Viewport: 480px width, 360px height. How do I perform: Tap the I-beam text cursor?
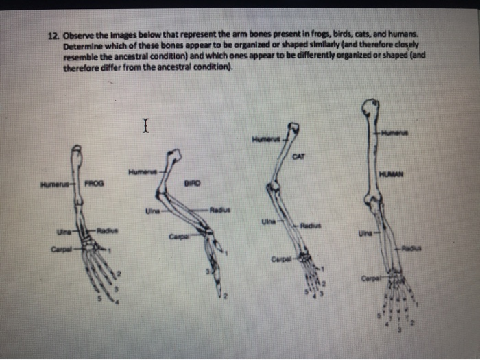point(145,125)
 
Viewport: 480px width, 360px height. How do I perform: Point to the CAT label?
point(298,156)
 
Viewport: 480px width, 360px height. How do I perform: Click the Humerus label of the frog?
point(51,184)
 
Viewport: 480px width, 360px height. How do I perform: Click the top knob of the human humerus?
point(371,108)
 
